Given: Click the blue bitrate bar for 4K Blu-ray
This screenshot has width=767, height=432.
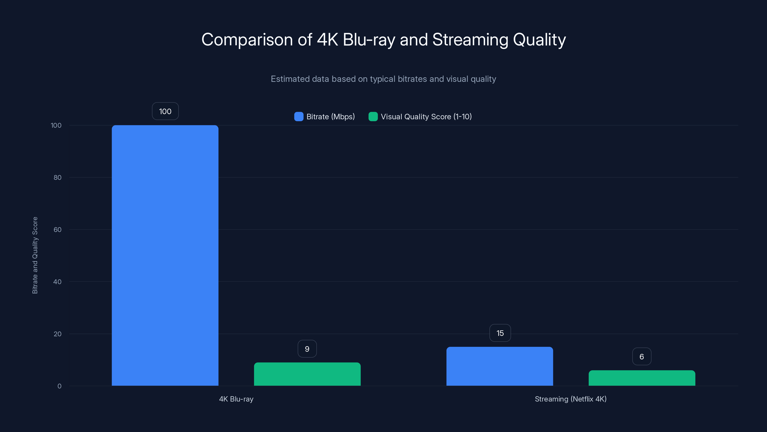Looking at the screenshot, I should [x=165, y=255].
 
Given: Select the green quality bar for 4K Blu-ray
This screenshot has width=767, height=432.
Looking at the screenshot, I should [x=307, y=374].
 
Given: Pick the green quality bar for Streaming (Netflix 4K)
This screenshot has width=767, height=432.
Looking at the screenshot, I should [x=642, y=378].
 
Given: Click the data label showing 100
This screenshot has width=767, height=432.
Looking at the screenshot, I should [x=165, y=111].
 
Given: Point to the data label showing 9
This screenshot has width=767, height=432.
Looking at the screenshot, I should [x=307, y=349].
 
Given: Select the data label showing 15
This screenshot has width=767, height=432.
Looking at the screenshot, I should [x=500, y=333].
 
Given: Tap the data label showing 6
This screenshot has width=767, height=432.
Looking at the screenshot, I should [x=642, y=357].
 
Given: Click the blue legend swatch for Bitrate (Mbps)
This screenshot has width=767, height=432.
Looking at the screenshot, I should [x=299, y=117].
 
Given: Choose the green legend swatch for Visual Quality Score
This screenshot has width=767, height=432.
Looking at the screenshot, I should [x=373, y=117].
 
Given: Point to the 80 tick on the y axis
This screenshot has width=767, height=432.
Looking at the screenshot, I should [x=58, y=177].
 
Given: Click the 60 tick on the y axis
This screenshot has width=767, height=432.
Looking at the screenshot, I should [x=58, y=230].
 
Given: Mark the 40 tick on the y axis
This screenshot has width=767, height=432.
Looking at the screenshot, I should [x=58, y=282].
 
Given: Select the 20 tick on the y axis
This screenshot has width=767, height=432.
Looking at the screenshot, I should [x=58, y=334].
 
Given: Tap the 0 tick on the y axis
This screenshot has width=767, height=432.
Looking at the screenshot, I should [x=59, y=386].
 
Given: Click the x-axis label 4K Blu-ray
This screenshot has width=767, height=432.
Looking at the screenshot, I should [x=236, y=399].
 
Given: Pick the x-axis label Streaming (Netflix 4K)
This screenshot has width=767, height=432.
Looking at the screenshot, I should [x=570, y=399].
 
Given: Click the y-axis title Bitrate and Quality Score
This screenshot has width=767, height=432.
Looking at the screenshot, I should [x=35, y=255].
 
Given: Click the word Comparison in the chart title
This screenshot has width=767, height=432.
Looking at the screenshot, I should [x=247, y=40].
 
